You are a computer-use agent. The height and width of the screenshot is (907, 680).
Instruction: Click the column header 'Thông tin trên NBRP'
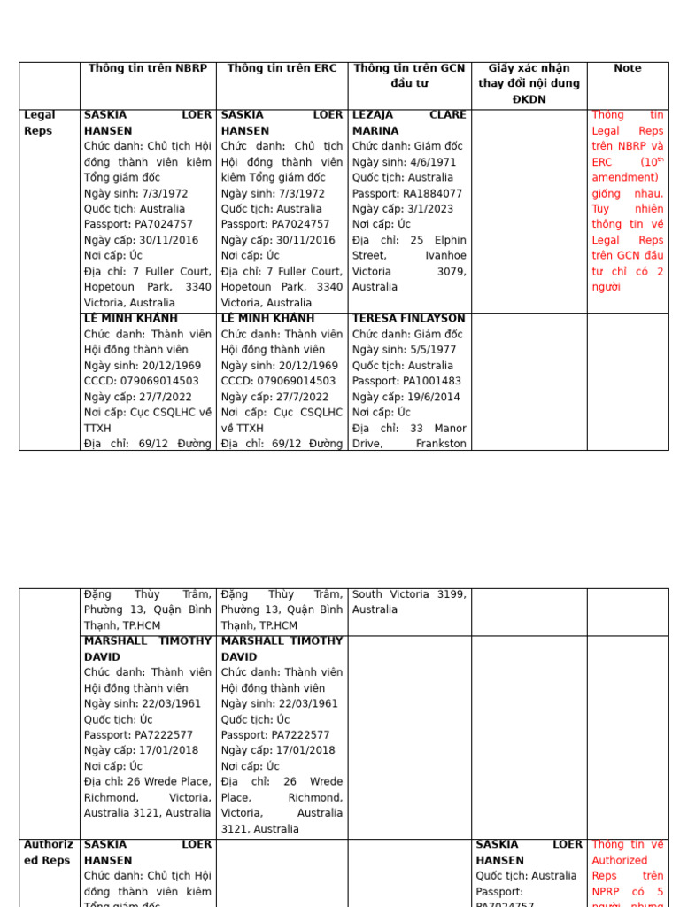click(x=148, y=68)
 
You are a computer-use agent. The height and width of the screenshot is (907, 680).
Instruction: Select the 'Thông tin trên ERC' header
click(x=282, y=68)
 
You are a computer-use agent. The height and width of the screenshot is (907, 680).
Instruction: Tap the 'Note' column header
click(x=627, y=68)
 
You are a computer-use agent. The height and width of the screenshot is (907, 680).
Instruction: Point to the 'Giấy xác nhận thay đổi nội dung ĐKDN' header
click(x=529, y=83)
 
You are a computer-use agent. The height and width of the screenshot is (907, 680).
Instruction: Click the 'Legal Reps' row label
click(x=39, y=122)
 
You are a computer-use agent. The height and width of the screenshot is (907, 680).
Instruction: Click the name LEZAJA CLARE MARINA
click(x=408, y=122)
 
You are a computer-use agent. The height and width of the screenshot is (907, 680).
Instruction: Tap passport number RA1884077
click(x=434, y=193)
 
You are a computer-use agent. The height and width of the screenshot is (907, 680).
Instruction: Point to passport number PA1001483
click(x=434, y=381)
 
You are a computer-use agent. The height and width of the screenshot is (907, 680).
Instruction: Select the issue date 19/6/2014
click(x=436, y=397)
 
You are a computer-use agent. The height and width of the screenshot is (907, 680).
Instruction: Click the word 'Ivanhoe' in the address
click(x=445, y=256)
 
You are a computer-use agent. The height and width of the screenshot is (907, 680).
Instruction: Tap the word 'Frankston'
click(x=440, y=444)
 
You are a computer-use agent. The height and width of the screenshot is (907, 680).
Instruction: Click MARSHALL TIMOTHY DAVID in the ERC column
click(x=281, y=648)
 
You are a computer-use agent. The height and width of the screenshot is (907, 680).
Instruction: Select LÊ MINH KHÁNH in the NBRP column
click(x=130, y=318)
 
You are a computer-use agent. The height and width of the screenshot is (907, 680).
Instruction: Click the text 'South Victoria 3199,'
click(x=409, y=594)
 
